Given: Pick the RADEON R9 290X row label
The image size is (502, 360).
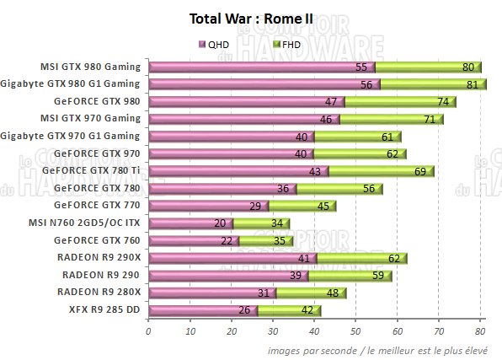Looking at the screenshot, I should (x=100, y=257).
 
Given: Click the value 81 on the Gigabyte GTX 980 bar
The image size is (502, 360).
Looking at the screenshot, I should (x=471, y=84).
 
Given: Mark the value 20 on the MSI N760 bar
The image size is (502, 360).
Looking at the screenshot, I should (x=219, y=223).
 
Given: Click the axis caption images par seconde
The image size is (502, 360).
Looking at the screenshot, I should (x=307, y=349).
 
